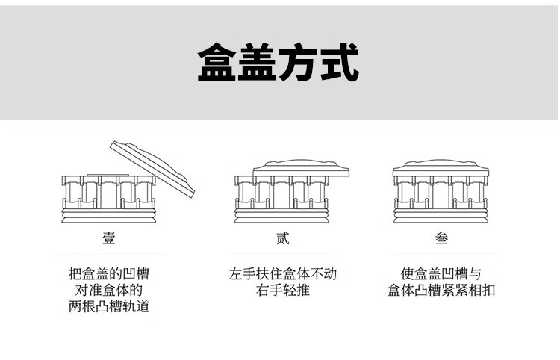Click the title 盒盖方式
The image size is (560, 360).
[278, 63]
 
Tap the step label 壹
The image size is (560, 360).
[109, 239]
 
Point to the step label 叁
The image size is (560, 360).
[442, 239]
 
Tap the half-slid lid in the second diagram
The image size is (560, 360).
[299, 168]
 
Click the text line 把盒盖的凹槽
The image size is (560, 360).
[108, 274]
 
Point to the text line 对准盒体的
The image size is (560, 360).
[108, 291]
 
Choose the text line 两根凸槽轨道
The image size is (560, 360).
[108, 307]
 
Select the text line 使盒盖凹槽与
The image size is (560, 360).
[441, 274]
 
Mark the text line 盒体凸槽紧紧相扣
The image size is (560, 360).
[441, 291]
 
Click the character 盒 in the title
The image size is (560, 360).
[217, 63]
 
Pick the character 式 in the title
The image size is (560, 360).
[339, 63]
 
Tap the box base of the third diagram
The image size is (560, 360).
[441, 202]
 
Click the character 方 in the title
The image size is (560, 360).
[298, 63]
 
